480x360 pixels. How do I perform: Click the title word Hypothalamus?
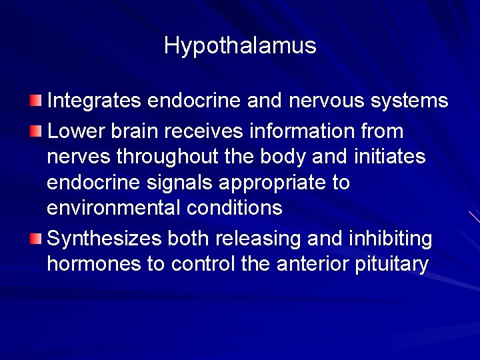(x=240, y=46)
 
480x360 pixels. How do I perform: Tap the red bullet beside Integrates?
(x=35, y=101)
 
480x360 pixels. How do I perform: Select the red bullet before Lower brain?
(x=35, y=130)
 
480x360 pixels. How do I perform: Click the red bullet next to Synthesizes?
(x=35, y=238)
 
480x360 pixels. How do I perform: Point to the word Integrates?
(x=95, y=101)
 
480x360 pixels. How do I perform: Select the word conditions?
(x=235, y=208)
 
